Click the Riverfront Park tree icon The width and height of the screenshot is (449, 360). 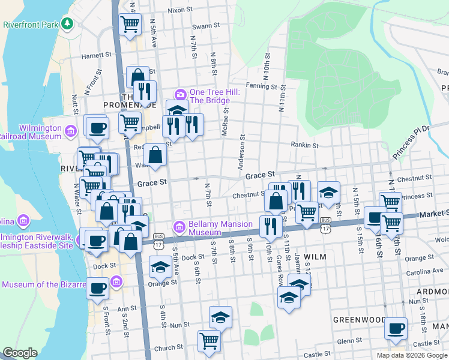[68, 24]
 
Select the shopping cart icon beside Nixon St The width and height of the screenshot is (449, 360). [130, 25]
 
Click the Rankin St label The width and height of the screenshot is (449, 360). [304, 145]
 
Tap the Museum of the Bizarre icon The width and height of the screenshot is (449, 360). [116, 281]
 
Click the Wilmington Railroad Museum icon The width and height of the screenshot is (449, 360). [71, 130]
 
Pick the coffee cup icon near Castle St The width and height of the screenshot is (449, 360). [396, 328]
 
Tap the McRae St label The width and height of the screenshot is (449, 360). [226, 120]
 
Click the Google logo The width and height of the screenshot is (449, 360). [20, 353]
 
